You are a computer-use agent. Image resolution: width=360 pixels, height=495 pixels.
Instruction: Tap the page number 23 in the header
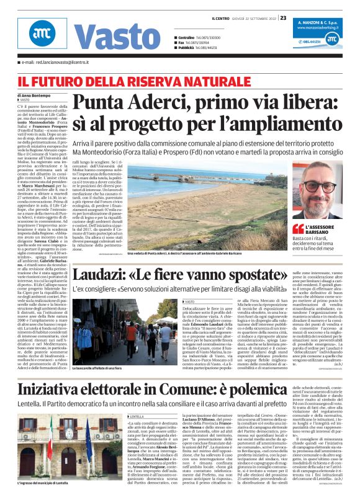[x=283, y=17]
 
